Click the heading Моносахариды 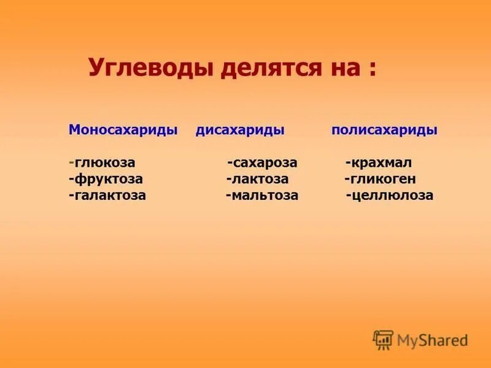tap(123, 131)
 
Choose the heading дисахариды tap(239, 131)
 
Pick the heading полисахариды tap(384, 131)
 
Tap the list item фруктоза tap(109, 179)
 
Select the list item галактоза tap(110, 196)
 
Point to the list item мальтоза tap(264, 196)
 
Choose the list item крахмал tap(381, 163)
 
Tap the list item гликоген tap(382, 179)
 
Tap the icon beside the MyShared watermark tap(383, 340)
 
